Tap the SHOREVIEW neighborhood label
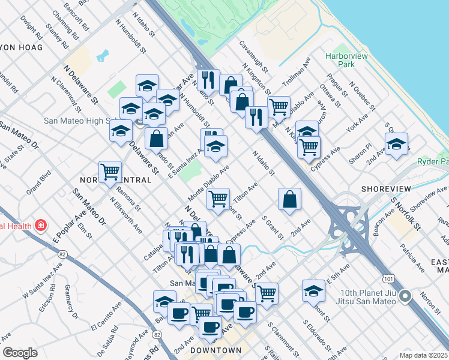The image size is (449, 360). [386, 188]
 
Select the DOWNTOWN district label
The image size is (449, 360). [215, 350]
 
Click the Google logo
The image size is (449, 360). [20, 353]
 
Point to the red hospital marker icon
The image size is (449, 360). [40, 226]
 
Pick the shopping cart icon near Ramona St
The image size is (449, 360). [110, 172]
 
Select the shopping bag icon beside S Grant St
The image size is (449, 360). [289, 199]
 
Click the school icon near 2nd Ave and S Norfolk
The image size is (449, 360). [396, 144]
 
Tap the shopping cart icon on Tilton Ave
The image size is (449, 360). [218, 197]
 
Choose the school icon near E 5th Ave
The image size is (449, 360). [313, 291]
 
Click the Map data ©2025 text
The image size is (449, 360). [423, 355]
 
